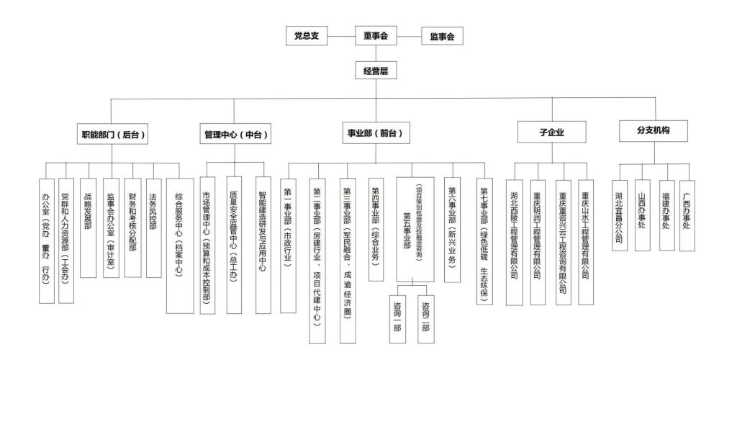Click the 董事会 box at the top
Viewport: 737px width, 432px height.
pyautogui.click(x=376, y=35)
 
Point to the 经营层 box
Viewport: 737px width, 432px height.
pyautogui.click(x=376, y=70)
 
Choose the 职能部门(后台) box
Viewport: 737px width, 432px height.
pyautogui.click(x=113, y=134)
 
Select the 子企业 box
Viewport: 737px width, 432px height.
pyautogui.click(x=552, y=132)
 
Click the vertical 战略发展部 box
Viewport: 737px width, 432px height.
pyautogui.click(x=88, y=228)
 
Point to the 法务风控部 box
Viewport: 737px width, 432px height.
pyautogui.click(x=153, y=228)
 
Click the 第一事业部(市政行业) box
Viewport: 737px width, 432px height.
pyautogui.click(x=288, y=246)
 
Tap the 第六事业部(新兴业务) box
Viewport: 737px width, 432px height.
pyautogui.click(x=452, y=230)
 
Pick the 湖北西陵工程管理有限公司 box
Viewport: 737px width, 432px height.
pyautogui.click(x=514, y=243)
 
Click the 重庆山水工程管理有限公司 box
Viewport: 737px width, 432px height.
pyautogui.click(x=586, y=240)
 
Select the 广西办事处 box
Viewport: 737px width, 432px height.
pyautogui.click(x=687, y=215)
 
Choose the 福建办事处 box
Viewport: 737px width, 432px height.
pyautogui.click(x=666, y=215)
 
